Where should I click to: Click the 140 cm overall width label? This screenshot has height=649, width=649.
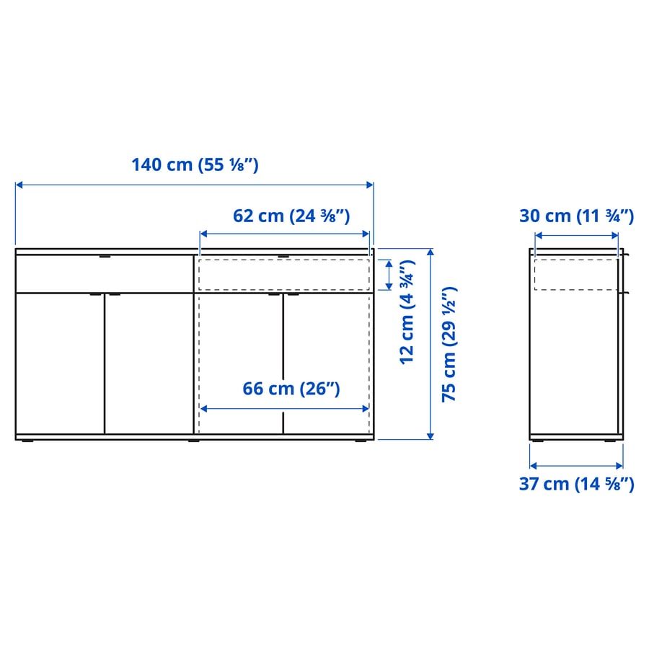click(195, 165)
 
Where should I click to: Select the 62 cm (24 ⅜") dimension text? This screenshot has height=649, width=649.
click(291, 216)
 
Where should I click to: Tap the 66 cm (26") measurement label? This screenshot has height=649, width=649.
click(291, 389)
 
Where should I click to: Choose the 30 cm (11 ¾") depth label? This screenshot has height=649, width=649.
click(576, 216)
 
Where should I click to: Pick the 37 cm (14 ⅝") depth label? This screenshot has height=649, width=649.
click(576, 484)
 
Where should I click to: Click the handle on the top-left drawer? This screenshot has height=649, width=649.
click(105, 255)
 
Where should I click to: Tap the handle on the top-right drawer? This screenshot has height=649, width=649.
click(283, 255)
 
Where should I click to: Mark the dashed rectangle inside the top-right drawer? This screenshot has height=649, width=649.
click(284, 275)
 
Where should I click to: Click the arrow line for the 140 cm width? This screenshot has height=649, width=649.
click(195, 185)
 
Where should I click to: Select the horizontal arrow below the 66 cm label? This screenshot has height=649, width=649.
click(284, 408)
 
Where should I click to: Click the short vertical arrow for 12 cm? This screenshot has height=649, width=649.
click(389, 275)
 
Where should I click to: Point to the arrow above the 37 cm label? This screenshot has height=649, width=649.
click(576, 466)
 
